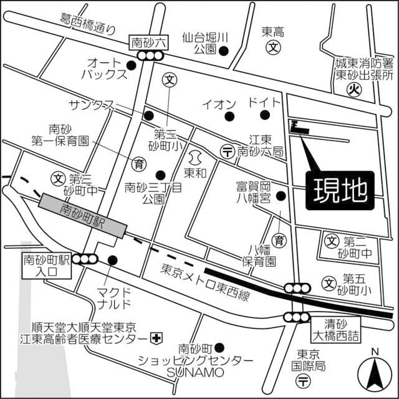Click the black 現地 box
point(340,191)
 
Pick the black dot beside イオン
point(229,116)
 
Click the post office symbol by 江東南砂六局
point(228,150)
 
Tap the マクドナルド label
point(114,297)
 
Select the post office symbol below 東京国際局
point(303,380)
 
